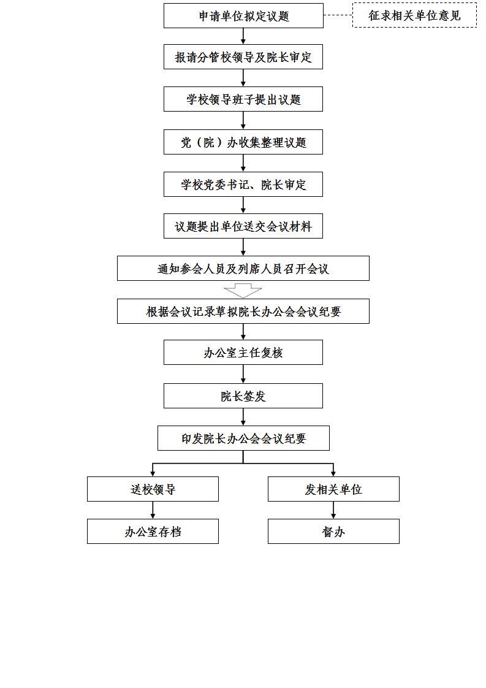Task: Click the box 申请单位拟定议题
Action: (243, 16)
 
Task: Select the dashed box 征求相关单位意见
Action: (414, 15)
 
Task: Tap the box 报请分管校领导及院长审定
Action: (243, 56)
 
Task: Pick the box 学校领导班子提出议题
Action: (243, 99)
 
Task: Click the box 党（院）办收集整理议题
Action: (243, 142)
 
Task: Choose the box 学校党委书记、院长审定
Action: (243, 185)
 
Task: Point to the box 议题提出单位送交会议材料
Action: (243, 226)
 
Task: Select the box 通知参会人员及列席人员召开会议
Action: (243, 269)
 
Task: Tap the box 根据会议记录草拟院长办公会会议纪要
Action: (243, 312)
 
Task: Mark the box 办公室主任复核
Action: (243, 353)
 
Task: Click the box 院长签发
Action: (243, 396)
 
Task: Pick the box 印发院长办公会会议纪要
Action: (243, 438)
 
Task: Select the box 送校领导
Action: (153, 489)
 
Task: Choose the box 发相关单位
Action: (334, 489)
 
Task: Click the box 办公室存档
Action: (153, 532)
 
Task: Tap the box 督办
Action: (334, 532)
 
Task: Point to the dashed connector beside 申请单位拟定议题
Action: (338, 15)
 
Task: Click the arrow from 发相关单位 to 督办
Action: (334, 510)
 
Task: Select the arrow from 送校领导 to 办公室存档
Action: (153, 510)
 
